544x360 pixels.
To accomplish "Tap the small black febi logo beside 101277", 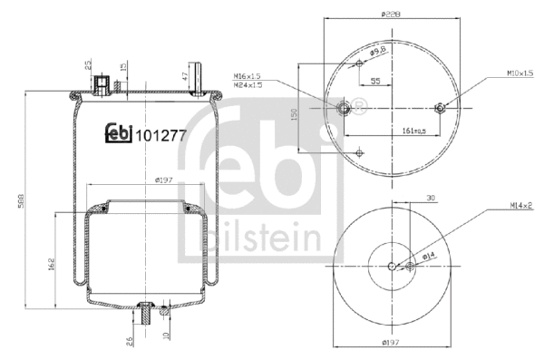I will click(119, 134).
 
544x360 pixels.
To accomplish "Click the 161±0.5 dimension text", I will click(414, 131).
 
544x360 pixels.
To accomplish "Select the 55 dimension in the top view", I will click(374, 82).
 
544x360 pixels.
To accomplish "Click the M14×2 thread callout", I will click(520, 207).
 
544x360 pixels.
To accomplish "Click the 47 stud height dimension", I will click(185, 75).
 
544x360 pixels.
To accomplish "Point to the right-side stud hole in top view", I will click(440, 109).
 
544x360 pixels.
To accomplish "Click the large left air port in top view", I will click(344, 109).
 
